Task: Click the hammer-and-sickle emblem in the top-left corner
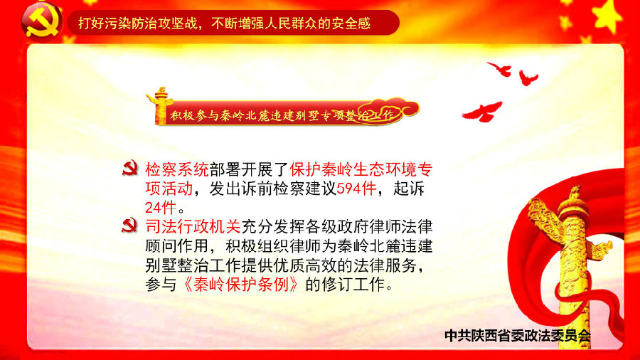pyautogui.click(x=41, y=21)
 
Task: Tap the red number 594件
pyautogui.click(x=356, y=189)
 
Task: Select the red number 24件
pyautogui.click(x=161, y=208)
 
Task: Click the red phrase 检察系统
pyautogui.click(x=177, y=169)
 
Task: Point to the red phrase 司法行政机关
pyautogui.click(x=193, y=227)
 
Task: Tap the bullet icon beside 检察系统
pyautogui.click(x=130, y=169)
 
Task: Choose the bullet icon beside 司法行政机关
pyautogui.click(x=130, y=226)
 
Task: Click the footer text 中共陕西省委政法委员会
pyautogui.click(x=518, y=336)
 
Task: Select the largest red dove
pyautogui.click(x=482, y=112)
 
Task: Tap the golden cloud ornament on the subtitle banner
pyautogui.click(x=392, y=110)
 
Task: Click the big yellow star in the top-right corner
pyautogui.click(x=608, y=16)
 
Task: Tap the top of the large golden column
pyautogui.click(x=575, y=192)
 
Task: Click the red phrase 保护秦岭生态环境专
pyautogui.click(x=361, y=169)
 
